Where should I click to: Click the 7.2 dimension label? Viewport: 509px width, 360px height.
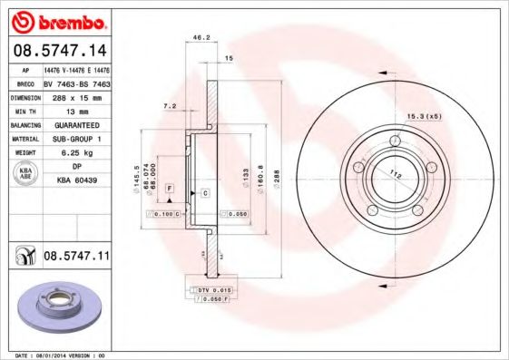[169, 106]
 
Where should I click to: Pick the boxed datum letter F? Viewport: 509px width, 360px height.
[169, 187]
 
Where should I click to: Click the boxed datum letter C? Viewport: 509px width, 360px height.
[205, 194]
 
